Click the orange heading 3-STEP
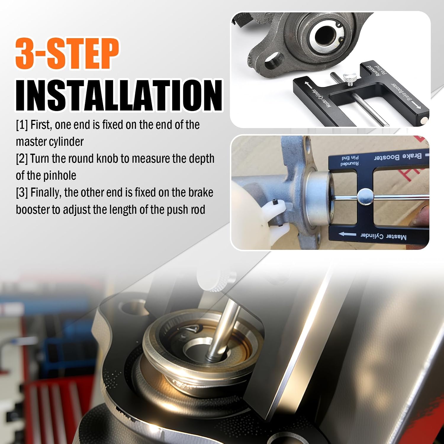pyautogui.click(x=67, y=54)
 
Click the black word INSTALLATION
pyautogui.click(x=119, y=95)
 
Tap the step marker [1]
pyautogui.click(x=22, y=125)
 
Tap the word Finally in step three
pyautogui.click(x=46, y=193)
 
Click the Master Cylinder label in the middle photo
pyautogui.click(x=384, y=236)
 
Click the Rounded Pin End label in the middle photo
pyautogui.click(x=350, y=161)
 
